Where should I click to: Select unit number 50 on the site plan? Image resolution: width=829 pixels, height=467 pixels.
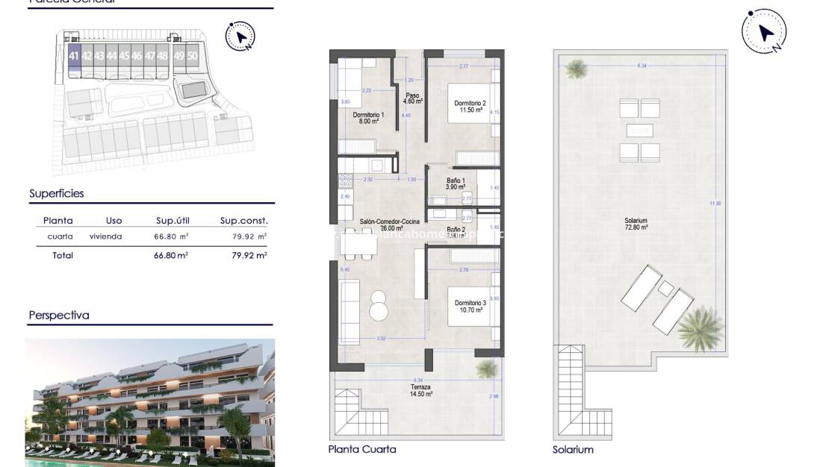[193, 56]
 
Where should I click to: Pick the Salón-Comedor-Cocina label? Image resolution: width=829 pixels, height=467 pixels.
[389, 222]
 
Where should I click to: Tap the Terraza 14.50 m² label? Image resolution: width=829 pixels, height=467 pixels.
[420, 390]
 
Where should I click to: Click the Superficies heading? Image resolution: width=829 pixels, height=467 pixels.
[57, 194]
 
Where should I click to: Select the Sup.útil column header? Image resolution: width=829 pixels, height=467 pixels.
[171, 221]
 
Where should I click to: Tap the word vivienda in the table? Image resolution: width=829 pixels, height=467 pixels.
[105, 236]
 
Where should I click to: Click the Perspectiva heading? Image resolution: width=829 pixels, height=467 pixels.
[59, 316]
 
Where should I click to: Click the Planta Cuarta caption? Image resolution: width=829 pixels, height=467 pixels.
[362, 449]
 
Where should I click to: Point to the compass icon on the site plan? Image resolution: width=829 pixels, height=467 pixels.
[240, 36]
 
